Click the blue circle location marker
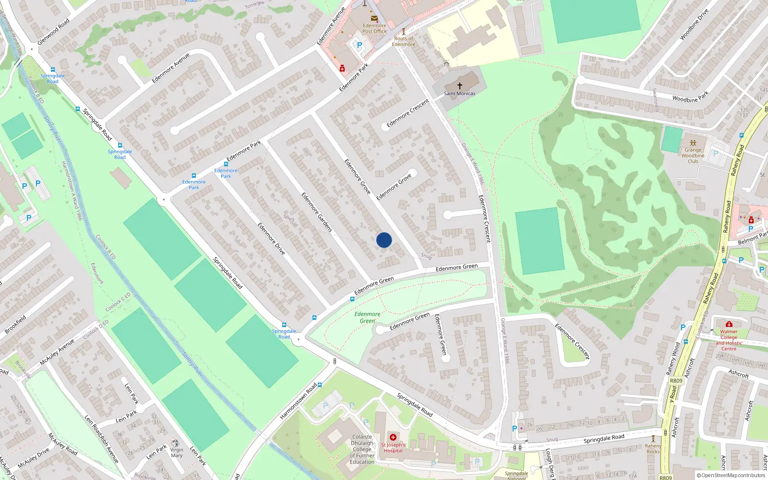(x=384, y=240)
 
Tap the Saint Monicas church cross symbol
(x=459, y=86)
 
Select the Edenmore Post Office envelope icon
(x=374, y=18)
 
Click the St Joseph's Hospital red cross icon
(x=393, y=437)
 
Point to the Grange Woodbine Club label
(x=693, y=156)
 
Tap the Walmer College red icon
(x=729, y=324)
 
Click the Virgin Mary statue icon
(x=176, y=443)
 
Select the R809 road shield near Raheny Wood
(x=676, y=381)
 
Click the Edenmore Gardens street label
(x=317, y=212)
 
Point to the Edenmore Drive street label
(x=271, y=239)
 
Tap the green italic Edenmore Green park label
(x=367, y=317)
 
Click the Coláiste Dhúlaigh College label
(x=362, y=449)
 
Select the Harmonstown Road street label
(x=299, y=401)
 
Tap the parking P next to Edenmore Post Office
(x=359, y=46)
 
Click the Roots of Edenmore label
(x=403, y=41)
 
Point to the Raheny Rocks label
(x=653, y=448)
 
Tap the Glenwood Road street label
(x=53, y=32)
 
